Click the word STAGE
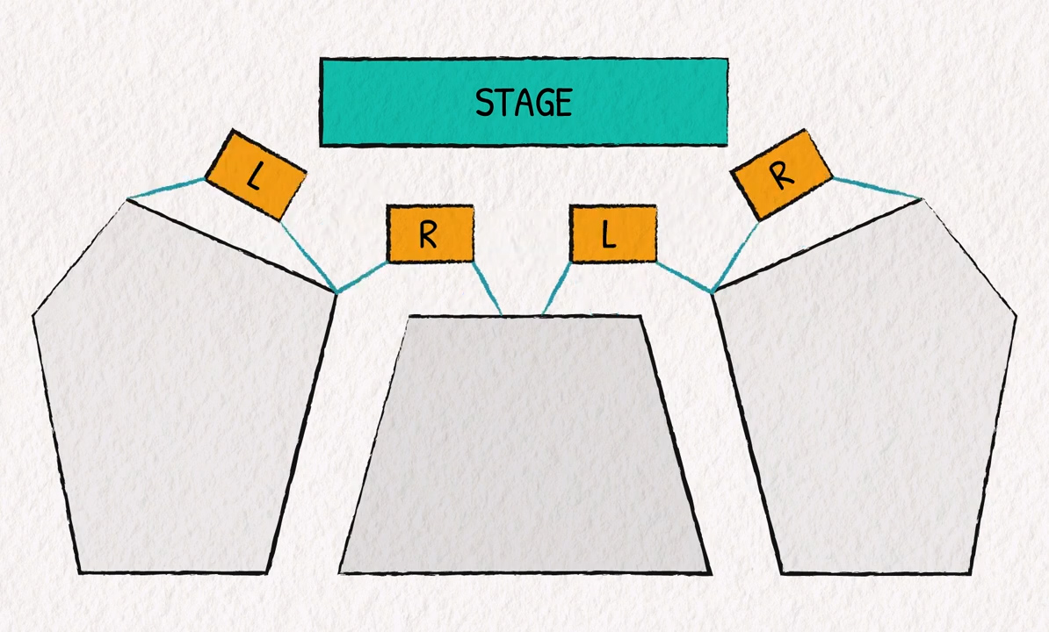[x=524, y=103]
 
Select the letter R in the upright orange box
[x=428, y=235]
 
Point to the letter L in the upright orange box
[x=608, y=235]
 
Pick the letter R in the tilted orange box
[x=781, y=176]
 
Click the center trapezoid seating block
[x=524, y=448]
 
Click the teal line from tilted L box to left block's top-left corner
[x=167, y=189]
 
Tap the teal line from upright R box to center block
[x=487, y=287]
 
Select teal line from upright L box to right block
[x=684, y=276]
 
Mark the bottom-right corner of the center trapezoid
[x=710, y=573]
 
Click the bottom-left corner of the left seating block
[x=80, y=572]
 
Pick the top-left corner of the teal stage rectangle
[x=322, y=61]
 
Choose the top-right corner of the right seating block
[x=922, y=200]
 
